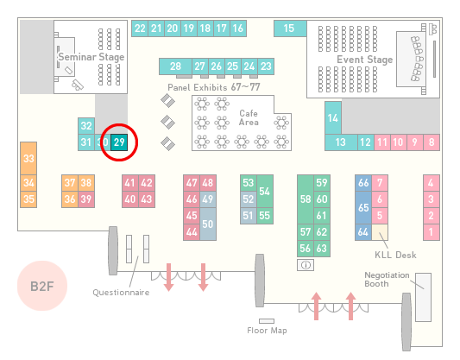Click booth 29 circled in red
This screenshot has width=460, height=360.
coord(119,142)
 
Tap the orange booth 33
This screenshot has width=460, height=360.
coord(28,159)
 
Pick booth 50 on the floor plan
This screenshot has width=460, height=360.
coord(208,224)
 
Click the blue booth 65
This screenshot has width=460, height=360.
coord(363,208)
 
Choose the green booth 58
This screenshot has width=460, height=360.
coord(306,199)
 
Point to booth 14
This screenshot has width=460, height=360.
coord(333,118)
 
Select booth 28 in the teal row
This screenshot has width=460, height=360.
coord(175,66)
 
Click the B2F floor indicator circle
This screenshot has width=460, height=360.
coord(42,286)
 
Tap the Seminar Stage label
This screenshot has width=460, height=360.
coord(91,57)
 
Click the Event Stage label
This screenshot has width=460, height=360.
coord(365,60)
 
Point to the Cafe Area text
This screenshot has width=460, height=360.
coord(249,117)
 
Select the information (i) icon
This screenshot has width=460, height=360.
coord(306,265)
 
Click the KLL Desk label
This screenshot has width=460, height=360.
coord(395,255)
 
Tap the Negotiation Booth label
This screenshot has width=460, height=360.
coord(387,280)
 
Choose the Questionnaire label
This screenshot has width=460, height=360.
coord(121,293)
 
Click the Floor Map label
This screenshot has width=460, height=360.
coord(267,331)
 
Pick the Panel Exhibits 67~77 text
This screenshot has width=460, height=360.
coord(214,87)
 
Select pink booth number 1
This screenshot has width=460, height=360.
coord(432,232)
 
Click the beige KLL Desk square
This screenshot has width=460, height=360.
coord(380,232)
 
